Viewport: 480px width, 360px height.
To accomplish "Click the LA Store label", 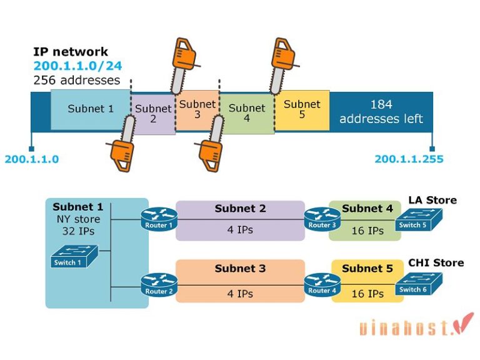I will (432, 200).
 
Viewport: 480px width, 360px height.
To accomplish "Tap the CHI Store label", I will (436, 262).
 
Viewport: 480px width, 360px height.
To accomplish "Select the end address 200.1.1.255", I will (409, 159).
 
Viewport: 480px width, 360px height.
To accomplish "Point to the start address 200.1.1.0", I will (31, 159).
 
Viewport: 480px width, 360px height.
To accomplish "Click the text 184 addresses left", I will (381, 112).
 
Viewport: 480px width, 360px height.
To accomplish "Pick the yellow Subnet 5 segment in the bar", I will (302, 109).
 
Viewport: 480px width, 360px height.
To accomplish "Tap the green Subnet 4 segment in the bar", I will (247, 113).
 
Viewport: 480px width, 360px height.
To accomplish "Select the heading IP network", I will (71, 52).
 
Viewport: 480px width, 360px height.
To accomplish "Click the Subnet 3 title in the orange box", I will (240, 268).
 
